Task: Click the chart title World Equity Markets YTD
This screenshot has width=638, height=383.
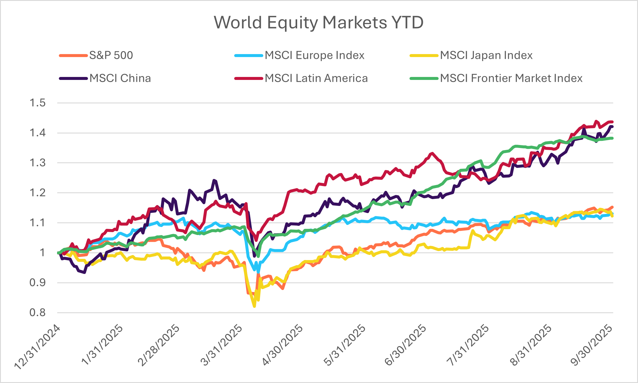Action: (x=319, y=22)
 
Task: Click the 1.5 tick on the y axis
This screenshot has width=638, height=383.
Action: (x=38, y=103)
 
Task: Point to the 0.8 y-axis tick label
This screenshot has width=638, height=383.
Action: (x=38, y=312)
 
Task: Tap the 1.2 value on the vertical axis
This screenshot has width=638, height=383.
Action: (x=38, y=193)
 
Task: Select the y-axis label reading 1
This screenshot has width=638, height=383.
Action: (x=42, y=253)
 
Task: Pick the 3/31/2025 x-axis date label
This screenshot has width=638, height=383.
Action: (x=221, y=345)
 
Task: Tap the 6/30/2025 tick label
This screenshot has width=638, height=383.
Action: (x=406, y=345)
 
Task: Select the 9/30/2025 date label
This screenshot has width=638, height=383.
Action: (x=591, y=345)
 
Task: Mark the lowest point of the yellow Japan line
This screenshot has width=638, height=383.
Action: (x=254, y=306)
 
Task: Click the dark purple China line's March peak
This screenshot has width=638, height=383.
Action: (x=214, y=180)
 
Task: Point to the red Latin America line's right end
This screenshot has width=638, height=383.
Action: (x=612, y=122)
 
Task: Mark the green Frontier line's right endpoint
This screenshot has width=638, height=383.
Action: (x=612, y=138)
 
